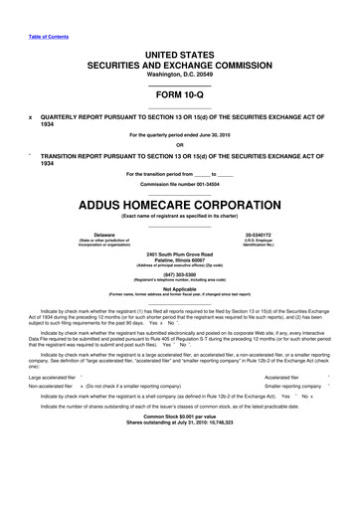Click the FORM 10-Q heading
(180, 95)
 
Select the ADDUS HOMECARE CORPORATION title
(180, 206)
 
